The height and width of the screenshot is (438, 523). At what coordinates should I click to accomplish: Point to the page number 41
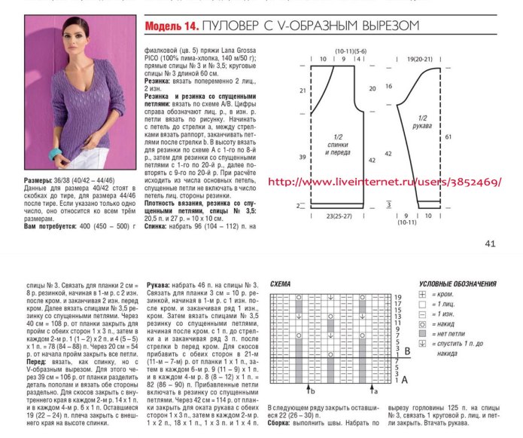coord(490,243)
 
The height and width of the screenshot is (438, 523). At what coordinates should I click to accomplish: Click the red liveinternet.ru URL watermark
coord(385,182)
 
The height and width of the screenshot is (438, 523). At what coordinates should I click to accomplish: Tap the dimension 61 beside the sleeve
coord(449,137)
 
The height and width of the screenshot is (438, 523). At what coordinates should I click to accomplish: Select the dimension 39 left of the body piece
coord(303,158)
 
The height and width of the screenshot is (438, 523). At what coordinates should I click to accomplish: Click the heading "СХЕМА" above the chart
coord(281,283)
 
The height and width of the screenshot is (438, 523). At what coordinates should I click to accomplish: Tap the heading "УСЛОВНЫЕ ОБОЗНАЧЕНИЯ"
coord(458,283)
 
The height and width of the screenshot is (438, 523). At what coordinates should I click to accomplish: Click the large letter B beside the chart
coord(407,351)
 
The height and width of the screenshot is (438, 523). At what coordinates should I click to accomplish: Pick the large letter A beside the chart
coord(406,378)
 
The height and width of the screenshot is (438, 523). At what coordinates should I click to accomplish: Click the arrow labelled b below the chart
coord(309,391)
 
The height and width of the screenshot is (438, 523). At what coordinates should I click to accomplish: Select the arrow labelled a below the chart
coord(372,391)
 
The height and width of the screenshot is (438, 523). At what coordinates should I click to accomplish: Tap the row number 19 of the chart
coord(397,298)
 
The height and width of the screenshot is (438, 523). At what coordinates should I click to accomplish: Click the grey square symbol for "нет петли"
coord(423,332)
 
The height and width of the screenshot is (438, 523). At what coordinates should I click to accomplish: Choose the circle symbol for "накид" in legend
coord(423,323)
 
